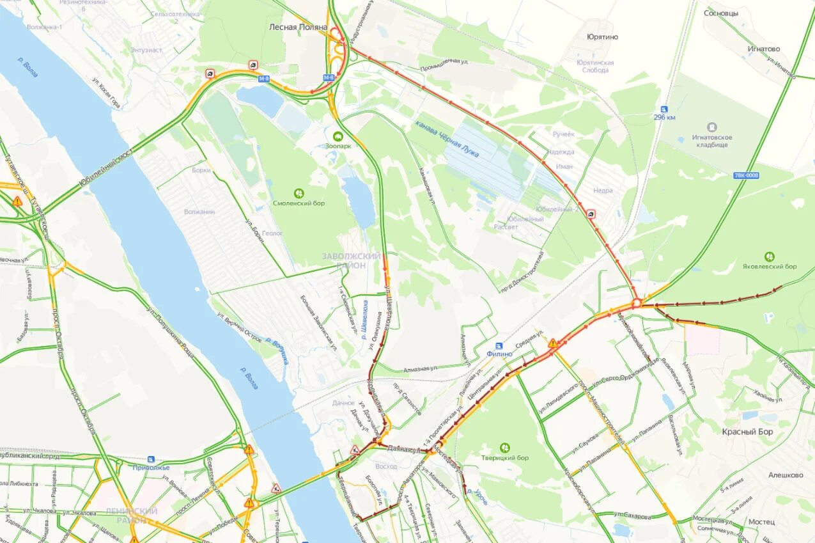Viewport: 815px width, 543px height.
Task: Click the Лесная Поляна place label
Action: (298, 28)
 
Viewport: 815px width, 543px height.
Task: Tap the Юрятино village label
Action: (602, 37)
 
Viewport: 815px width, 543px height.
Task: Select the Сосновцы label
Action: (721, 13)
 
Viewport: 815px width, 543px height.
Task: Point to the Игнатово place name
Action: (764, 49)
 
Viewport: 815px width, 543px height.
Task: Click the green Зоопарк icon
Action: (337, 136)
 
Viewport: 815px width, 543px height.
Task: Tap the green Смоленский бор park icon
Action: (299, 193)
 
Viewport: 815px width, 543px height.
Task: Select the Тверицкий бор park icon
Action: (505, 448)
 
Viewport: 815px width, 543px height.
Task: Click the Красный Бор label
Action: (747, 432)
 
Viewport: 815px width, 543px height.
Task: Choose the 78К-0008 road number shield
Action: (747, 175)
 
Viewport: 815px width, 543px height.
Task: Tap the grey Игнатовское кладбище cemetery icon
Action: (712, 127)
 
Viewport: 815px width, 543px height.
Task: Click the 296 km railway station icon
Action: (664, 109)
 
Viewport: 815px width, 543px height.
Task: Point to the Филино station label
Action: (499, 354)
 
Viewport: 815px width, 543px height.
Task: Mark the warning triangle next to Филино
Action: (552, 343)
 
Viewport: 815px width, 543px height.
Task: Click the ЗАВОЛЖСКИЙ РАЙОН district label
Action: (352, 260)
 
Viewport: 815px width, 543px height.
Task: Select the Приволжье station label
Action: (151, 468)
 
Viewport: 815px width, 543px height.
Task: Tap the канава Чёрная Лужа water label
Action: (447, 139)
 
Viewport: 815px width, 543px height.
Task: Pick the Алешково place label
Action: (786, 475)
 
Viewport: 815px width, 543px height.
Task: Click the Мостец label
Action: (761, 522)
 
